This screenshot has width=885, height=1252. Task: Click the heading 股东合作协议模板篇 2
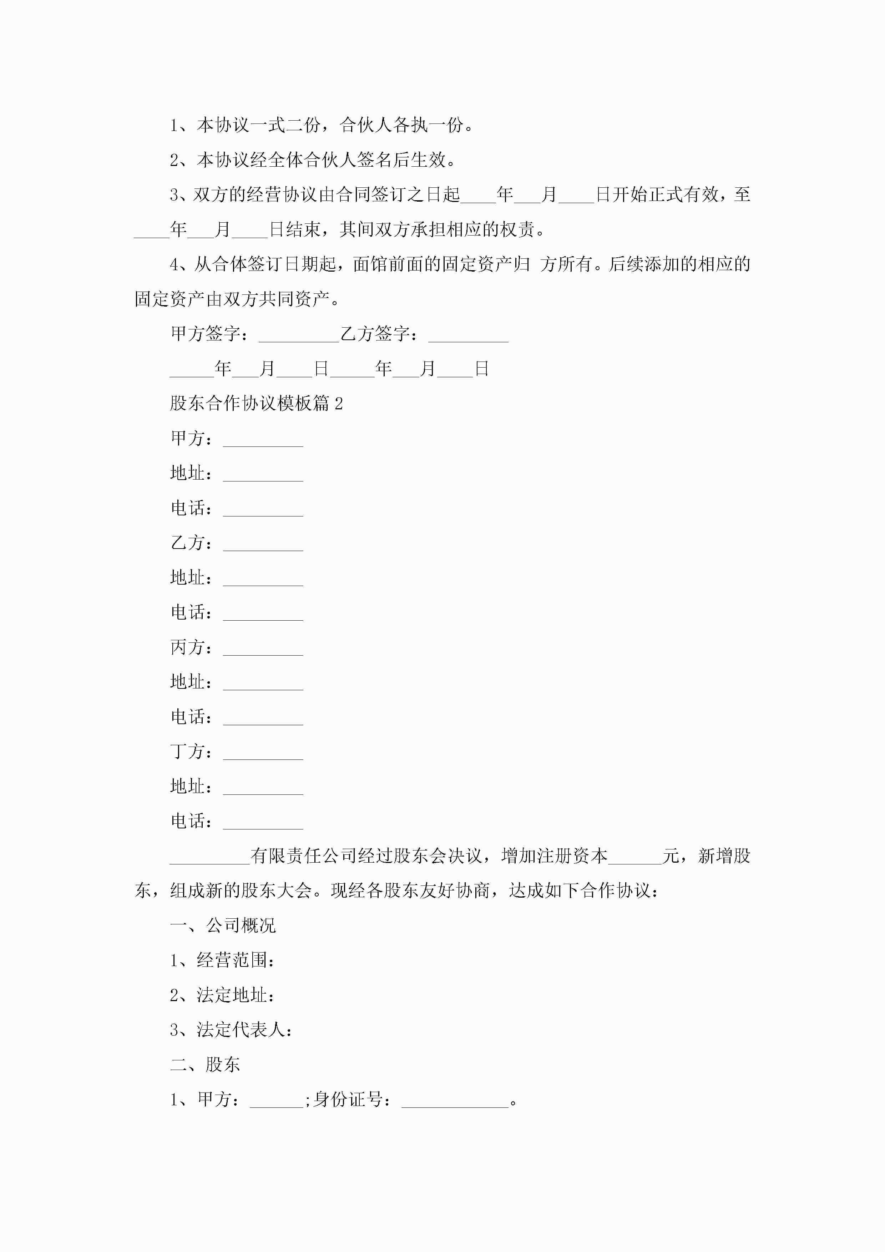(x=256, y=404)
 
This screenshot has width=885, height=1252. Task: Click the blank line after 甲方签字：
(x=299, y=335)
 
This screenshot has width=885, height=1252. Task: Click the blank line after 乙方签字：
(x=469, y=335)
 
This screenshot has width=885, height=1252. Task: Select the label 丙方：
(x=191, y=647)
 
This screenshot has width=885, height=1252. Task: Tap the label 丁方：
(x=191, y=751)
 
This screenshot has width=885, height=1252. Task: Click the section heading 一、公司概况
(x=223, y=925)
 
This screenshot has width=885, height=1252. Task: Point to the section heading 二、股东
(x=205, y=1064)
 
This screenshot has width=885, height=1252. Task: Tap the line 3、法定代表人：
(x=231, y=1030)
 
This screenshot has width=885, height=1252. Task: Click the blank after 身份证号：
(x=455, y=1100)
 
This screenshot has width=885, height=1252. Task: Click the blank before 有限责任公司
(x=210, y=857)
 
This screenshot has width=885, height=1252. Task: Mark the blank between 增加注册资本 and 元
(x=635, y=857)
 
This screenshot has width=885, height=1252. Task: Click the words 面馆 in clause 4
(x=370, y=264)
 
